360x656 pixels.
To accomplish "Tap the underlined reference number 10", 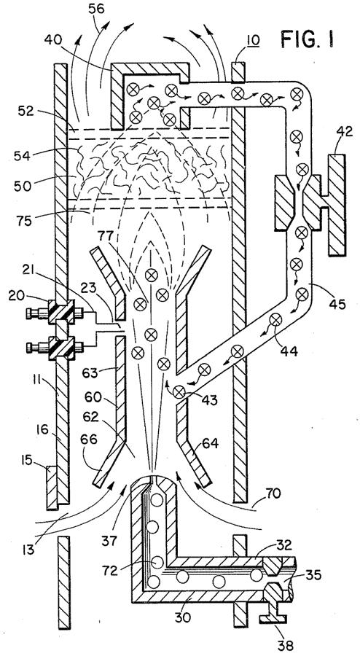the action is [252, 41].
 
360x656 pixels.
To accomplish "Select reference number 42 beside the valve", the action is [345, 133].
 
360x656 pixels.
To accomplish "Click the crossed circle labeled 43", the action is [179, 392].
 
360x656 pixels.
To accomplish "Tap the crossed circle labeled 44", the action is [275, 320].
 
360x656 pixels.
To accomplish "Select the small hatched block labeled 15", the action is [52, 486].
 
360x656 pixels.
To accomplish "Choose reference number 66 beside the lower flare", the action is [90, 440].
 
